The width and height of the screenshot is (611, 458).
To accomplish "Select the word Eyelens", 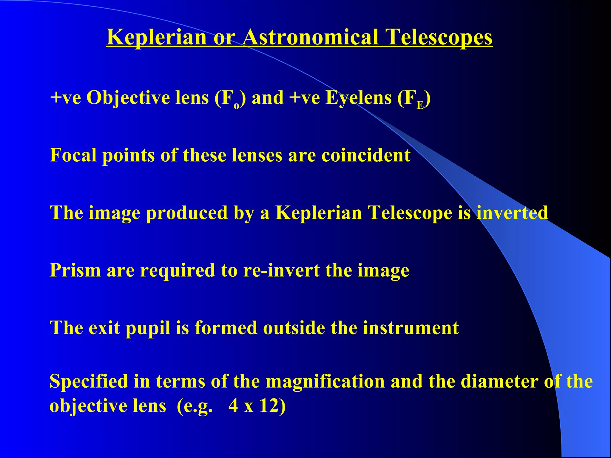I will pyautogui.click(x=358, y=98).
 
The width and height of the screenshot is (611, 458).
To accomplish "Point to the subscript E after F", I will pyautogui.click(x=420, y=105).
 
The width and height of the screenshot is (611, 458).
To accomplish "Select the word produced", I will pyautogui.click(x=187, y=213).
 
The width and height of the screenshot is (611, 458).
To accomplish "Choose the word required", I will pyautogui.click(x=178, y=271).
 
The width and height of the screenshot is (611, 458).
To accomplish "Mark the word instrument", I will pyautogui.click(x=411, y=328).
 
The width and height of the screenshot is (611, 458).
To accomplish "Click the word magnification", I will pyautogui.click(x=325, y=381).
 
